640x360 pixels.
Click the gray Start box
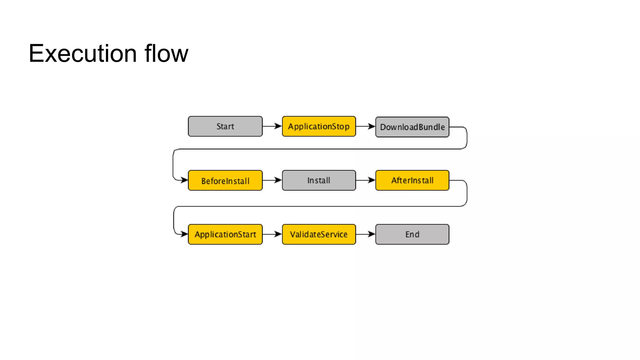coord(225,126)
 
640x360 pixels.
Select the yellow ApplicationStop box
coord(319,126)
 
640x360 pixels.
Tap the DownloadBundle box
coord(412,127)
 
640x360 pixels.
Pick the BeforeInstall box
coord(225,180)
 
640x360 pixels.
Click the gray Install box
coord(319,180)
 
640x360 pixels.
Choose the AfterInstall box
coord(412,180)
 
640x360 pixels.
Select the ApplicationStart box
coord(225,234)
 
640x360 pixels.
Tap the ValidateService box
coord(319,234)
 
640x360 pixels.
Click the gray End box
coord(412,234)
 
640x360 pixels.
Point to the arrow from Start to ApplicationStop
coord(272,126)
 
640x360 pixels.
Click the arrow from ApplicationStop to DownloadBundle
coord(365,126)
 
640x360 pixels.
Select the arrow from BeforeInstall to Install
coord(272,180)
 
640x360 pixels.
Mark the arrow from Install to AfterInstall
coord(365,180)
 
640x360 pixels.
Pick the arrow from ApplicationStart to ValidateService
coord(272,234)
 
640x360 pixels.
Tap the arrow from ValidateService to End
coord(365,234)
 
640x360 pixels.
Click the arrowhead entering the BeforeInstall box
coord(184,180)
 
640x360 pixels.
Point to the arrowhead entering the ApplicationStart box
coord(184,234)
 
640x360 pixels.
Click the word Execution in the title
coord(82,53)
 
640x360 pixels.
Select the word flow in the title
coord(166,53)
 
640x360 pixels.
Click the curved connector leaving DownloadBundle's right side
coord(467,137)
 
